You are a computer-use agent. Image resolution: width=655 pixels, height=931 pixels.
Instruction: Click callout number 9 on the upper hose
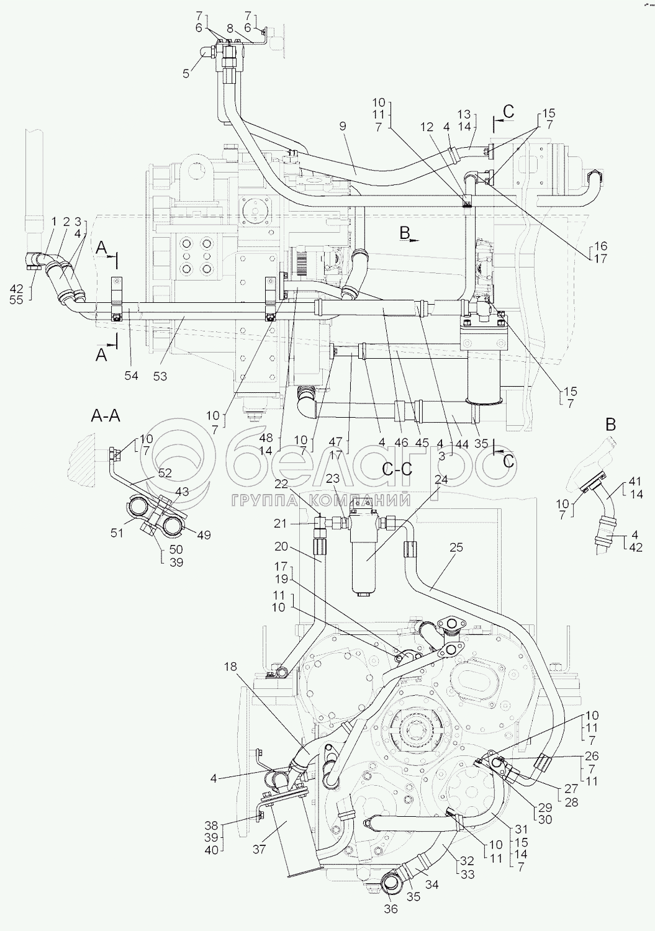(342, 126)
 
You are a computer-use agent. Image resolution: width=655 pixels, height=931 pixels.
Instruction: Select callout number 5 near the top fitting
(186, 73)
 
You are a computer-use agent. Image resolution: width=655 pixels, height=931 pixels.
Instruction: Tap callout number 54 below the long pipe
(132, 376)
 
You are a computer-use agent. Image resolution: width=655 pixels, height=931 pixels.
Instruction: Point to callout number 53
(160, 376)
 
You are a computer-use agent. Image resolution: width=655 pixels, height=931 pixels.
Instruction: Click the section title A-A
(106, 415)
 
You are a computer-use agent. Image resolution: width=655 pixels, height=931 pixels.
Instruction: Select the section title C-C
(397, 469)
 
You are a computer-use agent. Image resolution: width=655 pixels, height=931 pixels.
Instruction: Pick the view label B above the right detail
(610, 425)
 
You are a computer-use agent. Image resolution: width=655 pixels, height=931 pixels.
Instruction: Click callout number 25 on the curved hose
(456, 547)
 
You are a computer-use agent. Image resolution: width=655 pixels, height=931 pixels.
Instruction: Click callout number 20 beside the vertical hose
(281, 547)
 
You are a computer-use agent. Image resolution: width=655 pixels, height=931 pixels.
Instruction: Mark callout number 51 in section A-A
(117, 533)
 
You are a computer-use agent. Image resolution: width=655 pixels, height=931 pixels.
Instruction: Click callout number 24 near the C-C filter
(441, 480)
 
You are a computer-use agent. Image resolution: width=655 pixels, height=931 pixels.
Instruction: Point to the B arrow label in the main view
(405, 233)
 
